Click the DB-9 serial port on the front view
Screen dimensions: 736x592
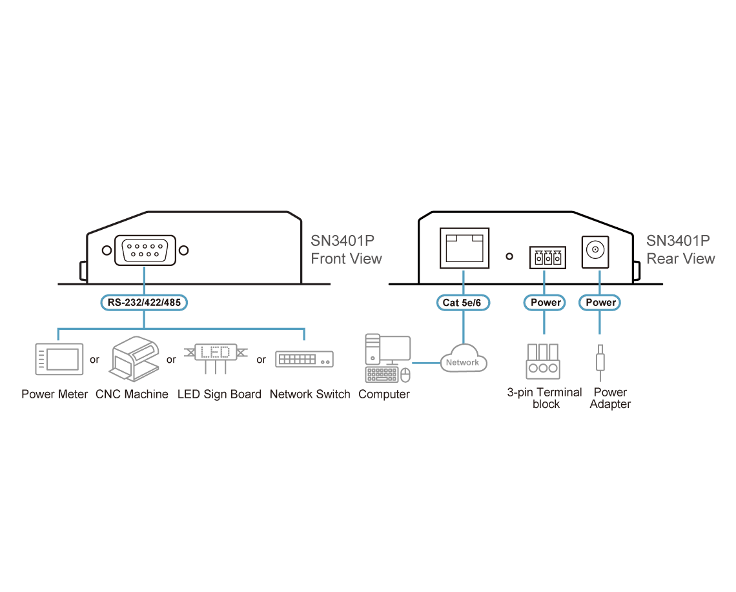pyautogui.click(x=145, y=250)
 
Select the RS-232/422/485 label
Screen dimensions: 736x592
pyautogui.click(x=144, y=303)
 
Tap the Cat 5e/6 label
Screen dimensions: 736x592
pyautogui.click(x=463, y=303)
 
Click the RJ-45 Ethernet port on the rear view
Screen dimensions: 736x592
pyautogui.click(x=464, y=249)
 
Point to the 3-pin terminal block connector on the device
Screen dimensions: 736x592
pyautogui.click(x=547, y=258)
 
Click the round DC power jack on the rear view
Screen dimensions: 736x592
pyautogui.click(x=595, y=252)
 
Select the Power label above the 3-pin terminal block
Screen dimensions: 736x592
pyautogui.click(x=544, y=303)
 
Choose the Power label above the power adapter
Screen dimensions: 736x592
pyautogui.click(x=600, y=303)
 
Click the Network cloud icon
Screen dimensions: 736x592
pyautogui.click(x=464, y=359)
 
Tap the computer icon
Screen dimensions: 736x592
pyautogui.click(x=388, y=358)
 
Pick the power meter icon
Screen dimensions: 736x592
pyautogui.click(x=59, y=359)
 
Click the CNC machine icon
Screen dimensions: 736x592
pyautogui.click(x=135, y=359)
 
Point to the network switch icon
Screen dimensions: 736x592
pyautogui.click(x=304, y=359)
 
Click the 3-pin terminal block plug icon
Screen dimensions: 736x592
pyautogui.click(x=543, y=362)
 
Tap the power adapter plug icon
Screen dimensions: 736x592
pyautogui.click(x=600, y=363)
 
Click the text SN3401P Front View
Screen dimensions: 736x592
pyautogui.click(x=347, y=250)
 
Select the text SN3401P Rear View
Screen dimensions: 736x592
pyautogui.click(x=680, y=250)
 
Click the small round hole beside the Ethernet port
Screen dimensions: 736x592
pyautogui.click(x=509, y=256)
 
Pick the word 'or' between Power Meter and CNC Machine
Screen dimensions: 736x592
pyautogui.click(x=94, y=360)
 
